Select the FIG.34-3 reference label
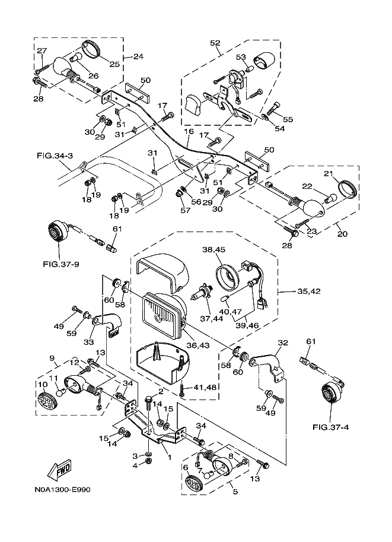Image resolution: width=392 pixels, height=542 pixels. point(55,156)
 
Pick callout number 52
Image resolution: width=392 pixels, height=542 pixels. point(215,43)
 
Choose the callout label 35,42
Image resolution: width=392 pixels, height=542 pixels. point(309,291)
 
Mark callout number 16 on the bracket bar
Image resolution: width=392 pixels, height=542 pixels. point(189,132)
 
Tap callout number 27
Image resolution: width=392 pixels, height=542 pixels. point(41,51)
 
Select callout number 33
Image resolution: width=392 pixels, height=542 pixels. point(89,342)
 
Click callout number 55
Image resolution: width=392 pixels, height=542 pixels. point(288,119)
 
